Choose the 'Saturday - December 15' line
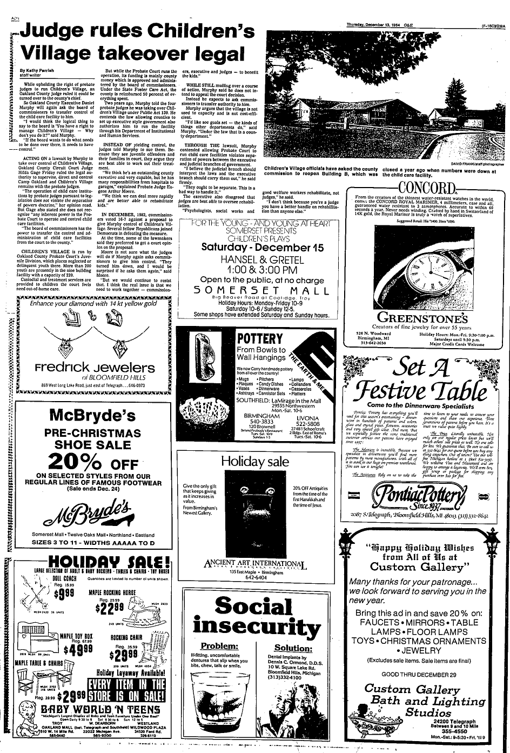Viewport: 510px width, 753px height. [x=262, y=247]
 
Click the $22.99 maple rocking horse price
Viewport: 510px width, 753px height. [x=111, y=608]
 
